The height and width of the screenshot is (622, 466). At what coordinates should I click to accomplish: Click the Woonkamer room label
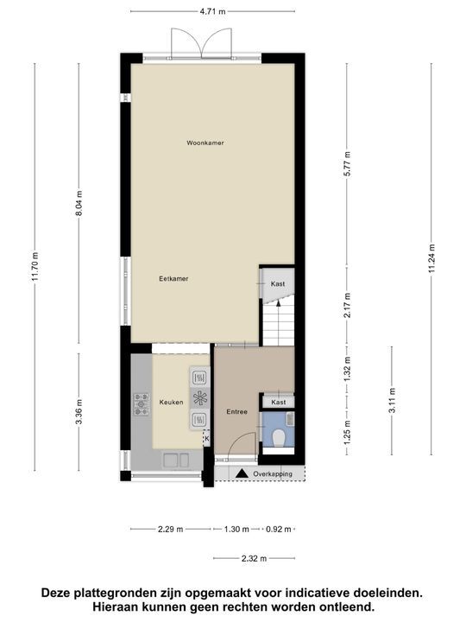pos(205,143)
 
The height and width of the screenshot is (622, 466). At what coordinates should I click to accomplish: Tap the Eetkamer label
pos(173,278)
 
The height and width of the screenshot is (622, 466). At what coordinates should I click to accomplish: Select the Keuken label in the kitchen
pos(171,402)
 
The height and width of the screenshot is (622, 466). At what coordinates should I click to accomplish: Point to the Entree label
pos(237,411)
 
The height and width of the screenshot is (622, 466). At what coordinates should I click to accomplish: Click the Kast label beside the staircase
pos(278,284)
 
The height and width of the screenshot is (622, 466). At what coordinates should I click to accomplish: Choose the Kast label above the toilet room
pos(278,403)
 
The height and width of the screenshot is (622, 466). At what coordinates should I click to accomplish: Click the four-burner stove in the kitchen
pos(142,403)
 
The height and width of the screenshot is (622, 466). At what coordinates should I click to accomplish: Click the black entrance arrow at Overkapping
pos(242,473)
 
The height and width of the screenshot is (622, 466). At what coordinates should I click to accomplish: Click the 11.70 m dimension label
pos(35,266)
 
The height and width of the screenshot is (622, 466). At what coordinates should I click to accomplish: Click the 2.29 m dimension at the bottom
pos(170,529)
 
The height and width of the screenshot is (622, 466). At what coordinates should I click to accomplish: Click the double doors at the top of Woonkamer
pos(203,43)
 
